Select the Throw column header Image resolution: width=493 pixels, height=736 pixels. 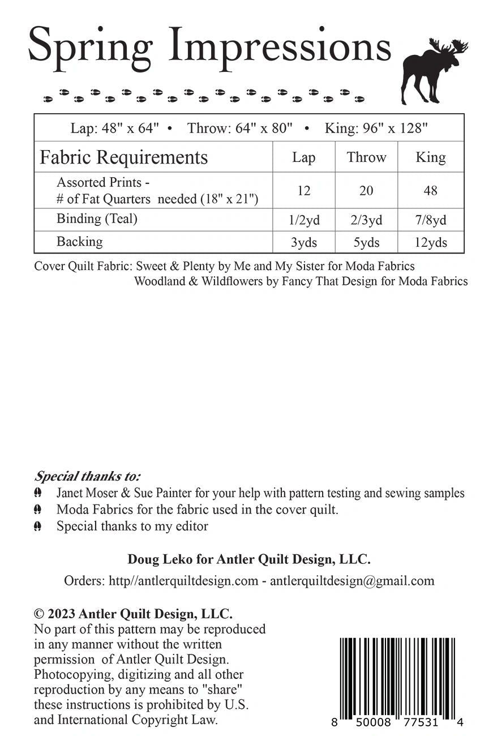366,157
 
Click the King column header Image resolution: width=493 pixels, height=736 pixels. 430,157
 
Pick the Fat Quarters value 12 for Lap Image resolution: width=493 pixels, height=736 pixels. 304,191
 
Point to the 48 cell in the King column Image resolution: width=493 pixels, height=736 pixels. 430,191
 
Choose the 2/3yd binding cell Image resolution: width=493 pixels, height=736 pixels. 366,220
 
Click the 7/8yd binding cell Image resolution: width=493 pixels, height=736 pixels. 430,220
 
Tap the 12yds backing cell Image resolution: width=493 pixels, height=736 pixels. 430,243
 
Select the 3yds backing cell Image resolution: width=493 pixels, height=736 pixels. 304,243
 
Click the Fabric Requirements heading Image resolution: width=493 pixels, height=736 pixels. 123,157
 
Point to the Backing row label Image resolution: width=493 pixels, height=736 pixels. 80,242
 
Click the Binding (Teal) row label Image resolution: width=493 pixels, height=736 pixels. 97,219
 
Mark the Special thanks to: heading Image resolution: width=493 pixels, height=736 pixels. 88,476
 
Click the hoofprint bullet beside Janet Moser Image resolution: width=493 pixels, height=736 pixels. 38,493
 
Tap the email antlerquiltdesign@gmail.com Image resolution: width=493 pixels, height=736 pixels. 352,580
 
